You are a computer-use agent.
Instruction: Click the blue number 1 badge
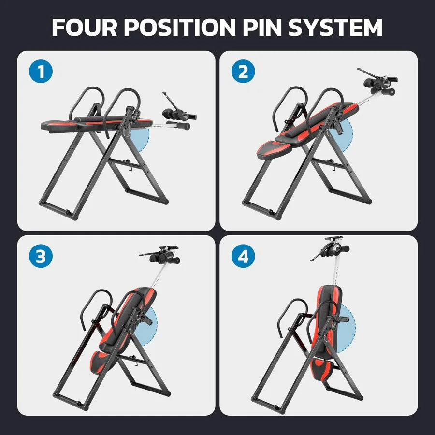tap(41, 72)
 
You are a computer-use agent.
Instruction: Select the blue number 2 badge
tap(243, 72)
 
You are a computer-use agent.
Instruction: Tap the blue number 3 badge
tap(41, 257)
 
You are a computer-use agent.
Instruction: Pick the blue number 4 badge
tap(243, 257)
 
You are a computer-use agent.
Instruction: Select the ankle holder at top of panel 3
tap(161, 256)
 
